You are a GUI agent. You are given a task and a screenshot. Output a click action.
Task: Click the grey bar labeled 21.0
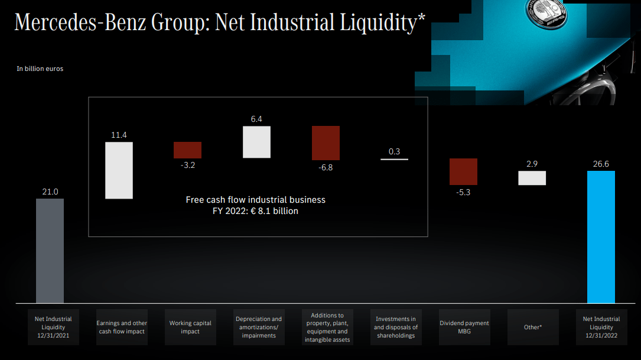(x=50, y=251)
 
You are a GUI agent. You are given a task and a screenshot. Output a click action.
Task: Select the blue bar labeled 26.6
(x=601, y=237)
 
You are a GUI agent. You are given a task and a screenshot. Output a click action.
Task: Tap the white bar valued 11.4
(x=119, y=170)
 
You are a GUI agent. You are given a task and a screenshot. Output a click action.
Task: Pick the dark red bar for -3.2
(x=187, y=150)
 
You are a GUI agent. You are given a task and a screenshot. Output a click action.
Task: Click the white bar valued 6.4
(x=256, y=142)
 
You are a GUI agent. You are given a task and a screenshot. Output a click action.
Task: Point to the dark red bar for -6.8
(x=326, y=143)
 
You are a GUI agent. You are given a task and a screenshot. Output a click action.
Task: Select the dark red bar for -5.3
(x=463, y=172)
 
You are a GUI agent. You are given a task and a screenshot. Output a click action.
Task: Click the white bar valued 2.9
(x=532, y=178)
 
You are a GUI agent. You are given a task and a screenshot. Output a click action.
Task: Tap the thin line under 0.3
(x=394, y=160)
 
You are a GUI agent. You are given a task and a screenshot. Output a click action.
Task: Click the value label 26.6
(x=601, y=164)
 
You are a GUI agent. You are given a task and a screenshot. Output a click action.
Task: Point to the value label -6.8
(x=326, y=168)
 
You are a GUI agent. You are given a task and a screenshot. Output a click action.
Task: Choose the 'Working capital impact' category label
(x=190, y=327)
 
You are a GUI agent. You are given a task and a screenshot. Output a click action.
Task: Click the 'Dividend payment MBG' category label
(x=464, y=327)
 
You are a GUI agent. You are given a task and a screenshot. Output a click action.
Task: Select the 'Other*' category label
(x=532, y=327)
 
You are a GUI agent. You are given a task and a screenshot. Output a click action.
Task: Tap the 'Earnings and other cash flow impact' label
(x=122, y=327)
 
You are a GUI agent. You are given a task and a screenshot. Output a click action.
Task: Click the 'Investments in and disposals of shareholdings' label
(x=396, y=327)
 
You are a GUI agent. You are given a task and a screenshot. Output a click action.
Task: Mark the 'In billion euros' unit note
(x=40, y=69)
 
